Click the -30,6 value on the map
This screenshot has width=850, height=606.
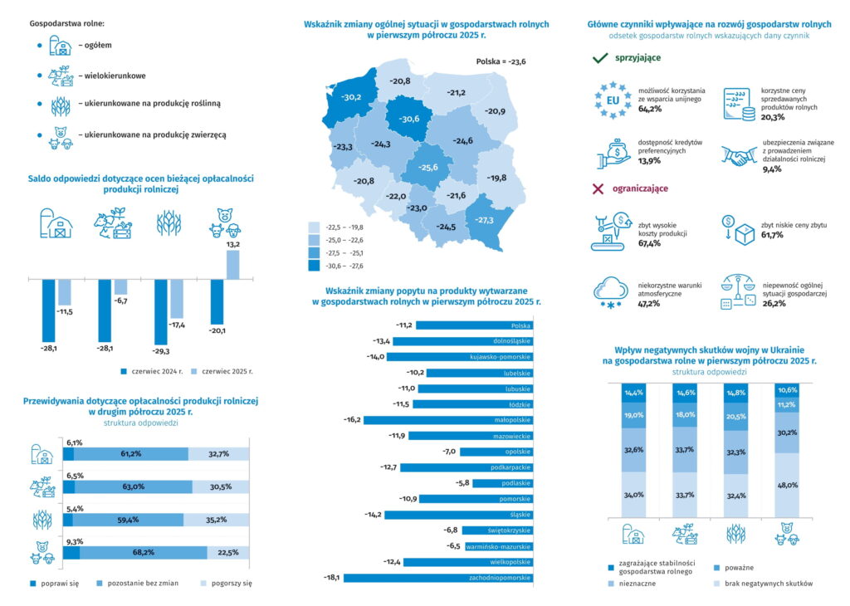(408, 120)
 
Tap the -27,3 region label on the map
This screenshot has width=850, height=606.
(485, 220)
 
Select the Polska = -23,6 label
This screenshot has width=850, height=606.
(501, 61)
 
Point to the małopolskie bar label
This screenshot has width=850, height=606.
(512, 420)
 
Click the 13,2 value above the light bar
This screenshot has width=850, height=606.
(232, 245)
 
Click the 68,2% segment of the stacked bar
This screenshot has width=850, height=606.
(144, 552)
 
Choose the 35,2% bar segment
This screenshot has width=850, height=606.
(217, 520)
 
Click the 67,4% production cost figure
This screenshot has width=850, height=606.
(649, 244)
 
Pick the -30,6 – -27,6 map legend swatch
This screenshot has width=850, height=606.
(314, 266)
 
